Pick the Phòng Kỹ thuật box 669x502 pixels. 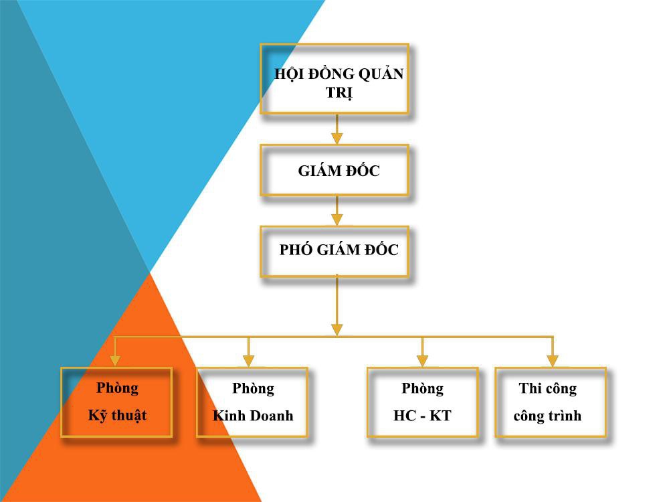[116, 402]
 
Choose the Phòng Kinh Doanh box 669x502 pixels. [252, 402]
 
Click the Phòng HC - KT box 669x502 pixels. [422, 402]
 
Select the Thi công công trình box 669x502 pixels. [550, 402]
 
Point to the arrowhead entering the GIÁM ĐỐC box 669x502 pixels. [337, 138]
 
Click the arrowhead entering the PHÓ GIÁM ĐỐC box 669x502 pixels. [337, 220]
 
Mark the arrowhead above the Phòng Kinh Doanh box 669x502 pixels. [248, 361]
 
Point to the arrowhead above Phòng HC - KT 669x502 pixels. [422, 361]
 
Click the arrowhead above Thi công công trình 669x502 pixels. [552, 361]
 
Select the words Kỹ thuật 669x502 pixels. [117, 416]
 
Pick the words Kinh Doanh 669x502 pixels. [253, 416]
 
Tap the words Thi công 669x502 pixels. [547, 388]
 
